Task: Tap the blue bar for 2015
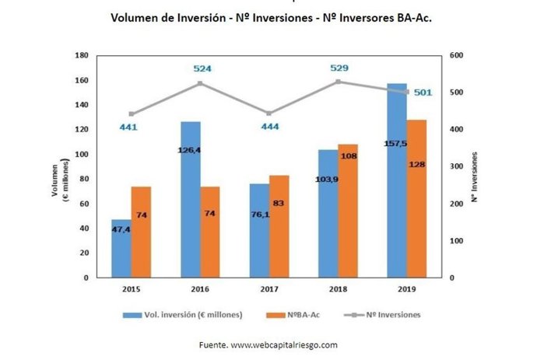[x=121, y=248]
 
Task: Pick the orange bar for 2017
[x=279, y=226]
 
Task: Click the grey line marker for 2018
[x=339, y=81]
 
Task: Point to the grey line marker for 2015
[x=131, y=114]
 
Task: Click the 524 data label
[x=202, y=68]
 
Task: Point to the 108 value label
[x=349, y=156]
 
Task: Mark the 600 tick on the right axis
[x=456, y=56]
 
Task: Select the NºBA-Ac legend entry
[x=292, y=315]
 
